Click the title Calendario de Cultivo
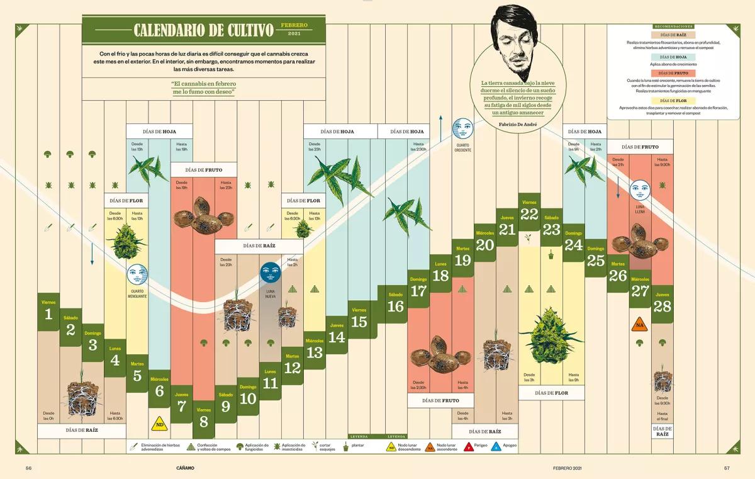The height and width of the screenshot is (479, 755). (204, 30)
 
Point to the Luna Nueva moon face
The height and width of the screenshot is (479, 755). (270, 273)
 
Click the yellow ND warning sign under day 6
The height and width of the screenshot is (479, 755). (160, 422)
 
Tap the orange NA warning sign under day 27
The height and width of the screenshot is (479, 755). (640, 325)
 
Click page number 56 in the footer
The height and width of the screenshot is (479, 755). (28, 468)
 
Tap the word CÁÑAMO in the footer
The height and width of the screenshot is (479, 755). (186, 468)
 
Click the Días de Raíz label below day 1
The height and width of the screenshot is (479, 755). (82, 431)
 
